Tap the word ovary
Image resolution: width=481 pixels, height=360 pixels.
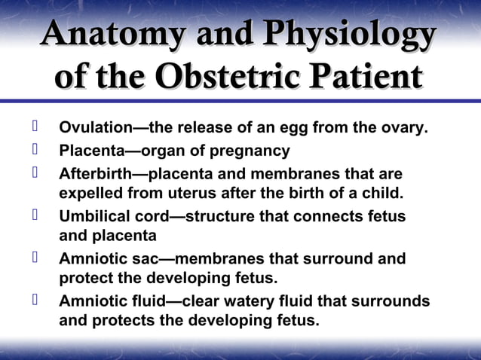407,129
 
